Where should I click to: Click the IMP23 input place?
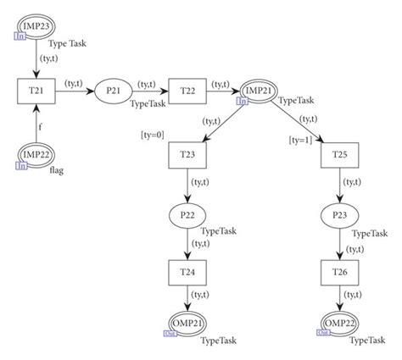pos(36,24)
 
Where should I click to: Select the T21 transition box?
pos(36,90)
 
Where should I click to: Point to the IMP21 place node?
pos(262,91)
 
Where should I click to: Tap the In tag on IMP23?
pos(18,35)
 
